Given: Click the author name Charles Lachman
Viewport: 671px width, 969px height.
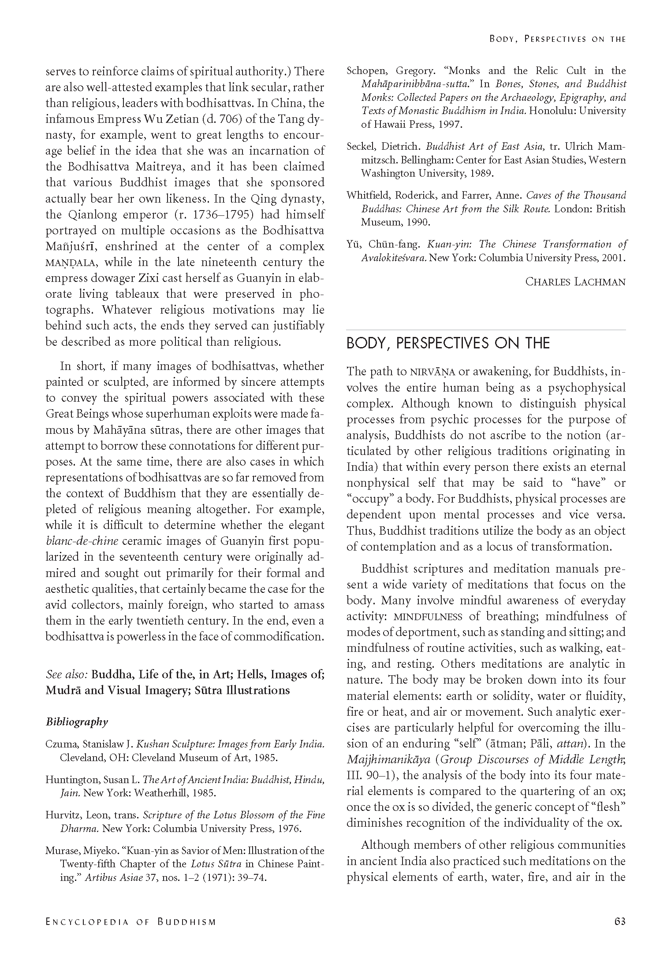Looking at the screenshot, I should (x=575, y=281).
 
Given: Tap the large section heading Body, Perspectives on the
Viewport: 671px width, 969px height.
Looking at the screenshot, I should (x=448, y=343).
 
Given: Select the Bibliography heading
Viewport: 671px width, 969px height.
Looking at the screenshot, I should (x=76, y=721).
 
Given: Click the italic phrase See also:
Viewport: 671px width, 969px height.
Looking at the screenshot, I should (x=67, y=674).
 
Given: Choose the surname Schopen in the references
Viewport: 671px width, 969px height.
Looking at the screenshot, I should (x=365, y=70).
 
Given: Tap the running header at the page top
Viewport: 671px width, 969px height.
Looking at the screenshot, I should (x=557, y=39).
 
